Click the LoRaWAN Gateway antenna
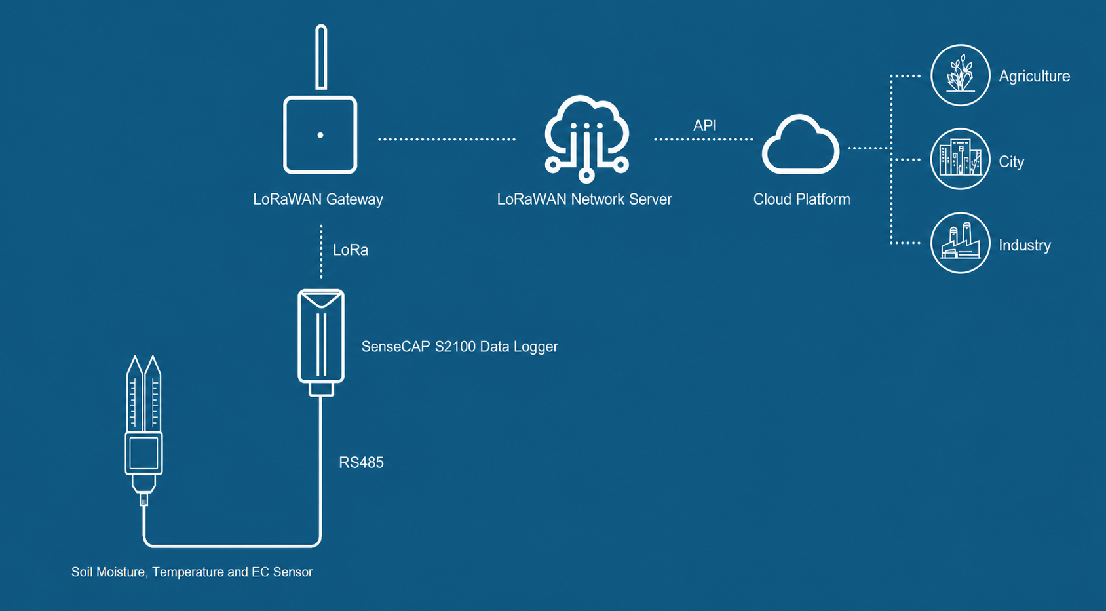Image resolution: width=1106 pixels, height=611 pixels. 321,57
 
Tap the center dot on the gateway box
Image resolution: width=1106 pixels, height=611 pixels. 320,135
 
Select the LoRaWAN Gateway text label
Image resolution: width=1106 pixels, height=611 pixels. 318,199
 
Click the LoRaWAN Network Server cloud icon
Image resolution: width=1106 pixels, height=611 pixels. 586,138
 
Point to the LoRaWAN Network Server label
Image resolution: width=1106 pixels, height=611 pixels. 584,199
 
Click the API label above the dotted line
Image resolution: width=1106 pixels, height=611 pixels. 704,125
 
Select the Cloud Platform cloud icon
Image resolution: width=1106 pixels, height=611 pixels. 801,145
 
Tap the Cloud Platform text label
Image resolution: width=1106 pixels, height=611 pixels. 802,199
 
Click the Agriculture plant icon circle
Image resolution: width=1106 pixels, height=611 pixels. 961,75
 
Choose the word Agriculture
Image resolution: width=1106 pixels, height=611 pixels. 1035,76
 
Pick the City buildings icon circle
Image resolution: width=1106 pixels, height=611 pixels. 961,159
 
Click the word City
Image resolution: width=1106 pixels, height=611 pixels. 1011,161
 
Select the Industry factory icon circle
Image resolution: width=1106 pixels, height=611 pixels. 961,243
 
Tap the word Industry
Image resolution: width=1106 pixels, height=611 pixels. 1025,245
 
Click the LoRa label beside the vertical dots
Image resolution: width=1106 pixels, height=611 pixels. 350,250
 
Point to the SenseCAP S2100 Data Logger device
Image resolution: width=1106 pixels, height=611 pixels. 321,342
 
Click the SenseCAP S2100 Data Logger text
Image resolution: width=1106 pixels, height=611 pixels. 460,346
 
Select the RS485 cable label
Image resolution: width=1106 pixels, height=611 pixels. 361,462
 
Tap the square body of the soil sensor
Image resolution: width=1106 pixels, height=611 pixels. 143,454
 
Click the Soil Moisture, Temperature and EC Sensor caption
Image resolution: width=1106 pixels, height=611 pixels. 192,572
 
